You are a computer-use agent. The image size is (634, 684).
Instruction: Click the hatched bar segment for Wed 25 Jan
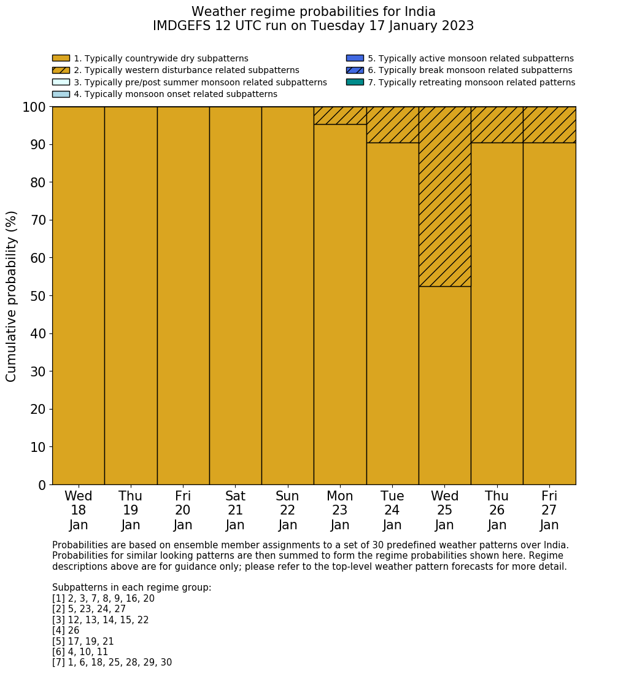[444, 196]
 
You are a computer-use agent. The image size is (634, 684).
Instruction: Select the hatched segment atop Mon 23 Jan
[340, 115]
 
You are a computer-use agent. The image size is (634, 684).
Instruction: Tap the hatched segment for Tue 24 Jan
[392, 125]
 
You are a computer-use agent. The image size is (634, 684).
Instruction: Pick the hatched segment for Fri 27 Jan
[549, 125]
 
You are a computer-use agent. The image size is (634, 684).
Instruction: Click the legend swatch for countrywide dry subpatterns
[61, 58]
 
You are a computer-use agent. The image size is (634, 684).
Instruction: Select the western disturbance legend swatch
[61, 70]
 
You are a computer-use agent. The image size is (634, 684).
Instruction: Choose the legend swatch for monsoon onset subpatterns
[61, 94]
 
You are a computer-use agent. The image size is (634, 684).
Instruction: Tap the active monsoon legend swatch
[355, 58]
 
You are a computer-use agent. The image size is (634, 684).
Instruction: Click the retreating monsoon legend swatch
[355, 82]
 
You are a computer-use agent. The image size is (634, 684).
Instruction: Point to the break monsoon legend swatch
[355, 70]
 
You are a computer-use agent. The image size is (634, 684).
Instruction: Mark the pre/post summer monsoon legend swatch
[61, 82]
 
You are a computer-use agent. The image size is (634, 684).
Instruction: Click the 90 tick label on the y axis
[38, 145]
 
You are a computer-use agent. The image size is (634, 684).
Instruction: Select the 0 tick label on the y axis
[42, 485]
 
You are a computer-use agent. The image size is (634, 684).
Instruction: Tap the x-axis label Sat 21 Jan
[235, 510]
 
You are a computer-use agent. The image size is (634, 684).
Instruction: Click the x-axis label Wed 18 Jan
[79, 510]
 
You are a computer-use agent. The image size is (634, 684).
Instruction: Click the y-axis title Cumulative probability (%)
[12, 296]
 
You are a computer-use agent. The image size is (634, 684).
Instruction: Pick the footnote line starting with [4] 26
[66, 631]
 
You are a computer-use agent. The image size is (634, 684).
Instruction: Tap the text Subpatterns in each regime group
[131, 588]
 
